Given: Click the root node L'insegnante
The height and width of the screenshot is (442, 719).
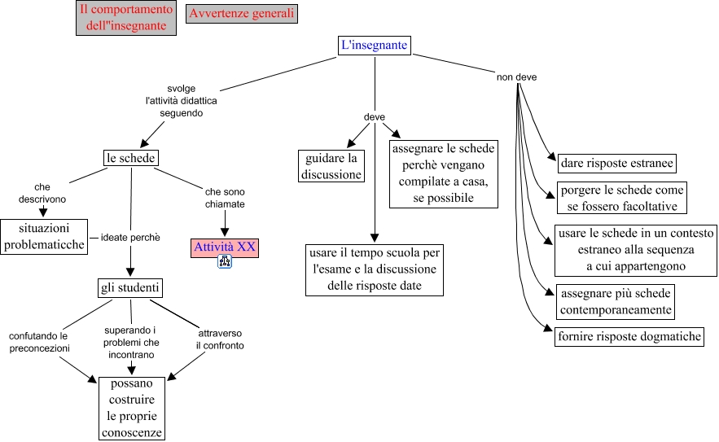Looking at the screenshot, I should [x=374, y=46].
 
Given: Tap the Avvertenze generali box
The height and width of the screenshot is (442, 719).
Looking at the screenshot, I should [x=241, y=14].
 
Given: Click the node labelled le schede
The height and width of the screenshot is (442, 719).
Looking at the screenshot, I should [x=131, y=158].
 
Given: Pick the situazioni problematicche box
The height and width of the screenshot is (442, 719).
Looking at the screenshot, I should [x=44, y=237].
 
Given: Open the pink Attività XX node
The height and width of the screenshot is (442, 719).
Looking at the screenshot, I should [x=225, y=247].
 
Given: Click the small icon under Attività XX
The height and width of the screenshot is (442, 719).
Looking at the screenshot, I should [x=226, y=262].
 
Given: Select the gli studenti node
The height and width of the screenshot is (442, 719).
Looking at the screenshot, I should [x=130, y=288].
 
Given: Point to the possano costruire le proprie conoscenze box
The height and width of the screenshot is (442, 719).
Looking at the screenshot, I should [x=132, y=408].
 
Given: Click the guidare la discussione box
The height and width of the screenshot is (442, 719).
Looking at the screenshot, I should [x=331, y=166].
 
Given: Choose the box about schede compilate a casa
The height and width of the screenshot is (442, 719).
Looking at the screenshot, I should [x=443, y=174].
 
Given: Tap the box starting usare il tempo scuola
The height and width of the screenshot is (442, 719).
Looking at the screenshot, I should [x=375, y=269].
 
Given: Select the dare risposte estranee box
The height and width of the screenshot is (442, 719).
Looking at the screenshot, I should [x=617, y=164].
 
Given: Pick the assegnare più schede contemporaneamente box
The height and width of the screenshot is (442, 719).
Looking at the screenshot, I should [x=615, y=301].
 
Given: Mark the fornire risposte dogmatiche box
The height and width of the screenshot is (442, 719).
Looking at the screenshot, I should [x=629, y=336].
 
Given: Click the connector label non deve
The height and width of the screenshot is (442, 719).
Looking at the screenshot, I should [x=516, y=77].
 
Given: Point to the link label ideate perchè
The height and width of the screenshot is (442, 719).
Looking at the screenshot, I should [x=130, y=238].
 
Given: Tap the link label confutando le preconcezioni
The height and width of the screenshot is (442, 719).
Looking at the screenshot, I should [x=38, y=342].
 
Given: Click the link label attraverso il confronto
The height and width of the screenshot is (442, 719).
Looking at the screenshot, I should [x=220, y=339].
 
